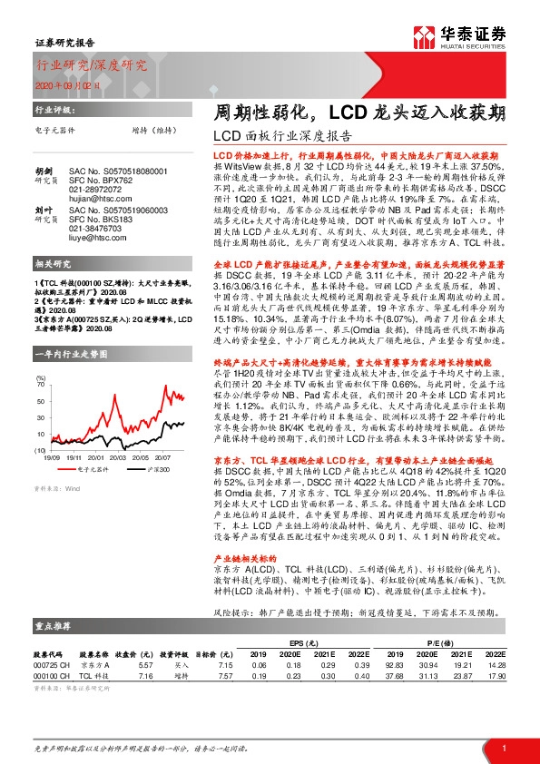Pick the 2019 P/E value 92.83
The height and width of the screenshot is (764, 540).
(x=394, y=664)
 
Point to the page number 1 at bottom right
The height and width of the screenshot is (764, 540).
(x=503, y=747)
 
